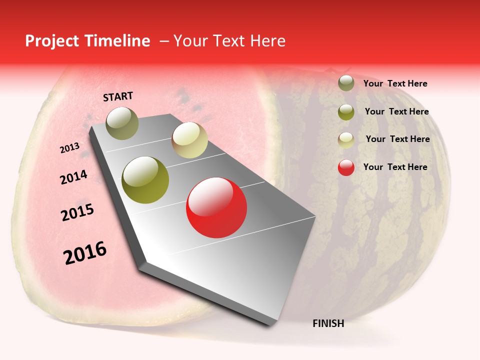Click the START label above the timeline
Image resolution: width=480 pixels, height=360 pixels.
118,96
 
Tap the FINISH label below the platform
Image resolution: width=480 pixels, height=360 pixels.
328,323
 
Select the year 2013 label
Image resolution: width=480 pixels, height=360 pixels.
69,148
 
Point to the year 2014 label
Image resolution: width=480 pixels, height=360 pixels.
73,177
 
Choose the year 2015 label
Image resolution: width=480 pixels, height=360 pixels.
77,212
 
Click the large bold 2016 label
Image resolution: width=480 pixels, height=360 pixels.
85,253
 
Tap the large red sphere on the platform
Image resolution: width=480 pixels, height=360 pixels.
216,208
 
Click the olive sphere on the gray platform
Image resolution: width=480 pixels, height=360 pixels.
145,180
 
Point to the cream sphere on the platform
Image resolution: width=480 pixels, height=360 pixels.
189,140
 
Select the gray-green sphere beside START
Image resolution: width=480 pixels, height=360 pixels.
122,123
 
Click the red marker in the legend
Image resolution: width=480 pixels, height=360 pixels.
346,167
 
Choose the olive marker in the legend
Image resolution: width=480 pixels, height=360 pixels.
346,112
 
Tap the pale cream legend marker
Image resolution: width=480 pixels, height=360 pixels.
346,140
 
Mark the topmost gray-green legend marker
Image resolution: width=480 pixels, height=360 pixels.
346,83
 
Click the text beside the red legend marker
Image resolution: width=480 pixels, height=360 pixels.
395,167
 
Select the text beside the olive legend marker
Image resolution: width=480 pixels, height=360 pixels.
396,111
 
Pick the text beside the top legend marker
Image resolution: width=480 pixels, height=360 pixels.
395,83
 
